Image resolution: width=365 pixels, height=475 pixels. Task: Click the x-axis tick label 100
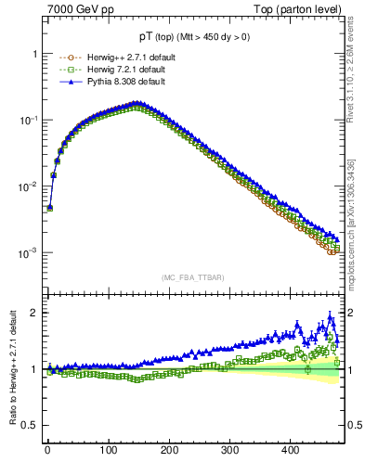click(x=108, y=450)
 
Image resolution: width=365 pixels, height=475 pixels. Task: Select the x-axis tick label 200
click(x=169, y=450)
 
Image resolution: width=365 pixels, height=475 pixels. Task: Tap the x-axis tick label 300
click(x=229, y=450)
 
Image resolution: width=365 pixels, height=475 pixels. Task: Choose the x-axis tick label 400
click(x=290, y=450)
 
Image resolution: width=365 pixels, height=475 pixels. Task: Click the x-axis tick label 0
click(x=47, y=450)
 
